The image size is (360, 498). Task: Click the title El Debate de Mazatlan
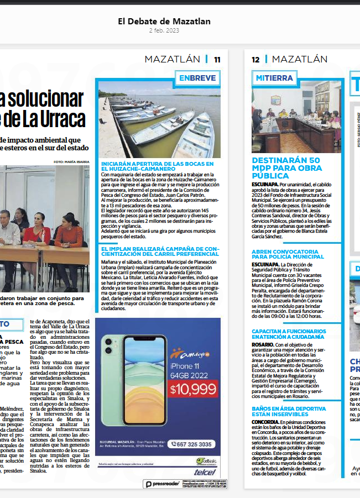tap(164, 22)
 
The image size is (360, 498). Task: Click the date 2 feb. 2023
tap(164, 30)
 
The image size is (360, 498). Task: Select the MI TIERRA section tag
tap(274, 78)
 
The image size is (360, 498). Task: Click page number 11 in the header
tap(217, 60)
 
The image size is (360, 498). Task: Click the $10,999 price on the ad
tap(193, 389)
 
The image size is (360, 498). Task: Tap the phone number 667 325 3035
tap(191, 444)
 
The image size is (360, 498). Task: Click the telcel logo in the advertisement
tap(206, 473)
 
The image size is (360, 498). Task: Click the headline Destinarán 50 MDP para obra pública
tap(285, 168)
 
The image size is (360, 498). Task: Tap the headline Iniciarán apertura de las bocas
tap(157, 166)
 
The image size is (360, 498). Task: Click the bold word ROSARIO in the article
tap(262, 344)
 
